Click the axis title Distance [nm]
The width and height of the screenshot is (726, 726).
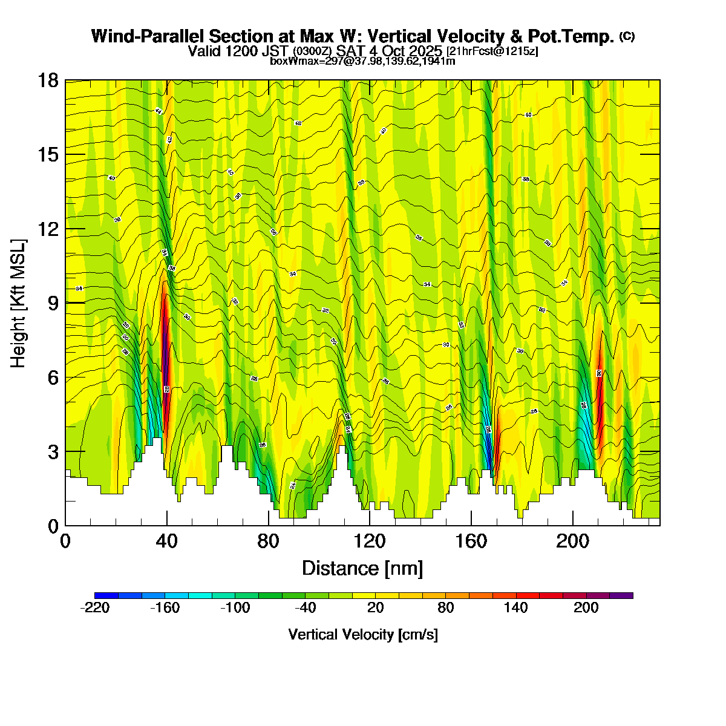pos(362,569)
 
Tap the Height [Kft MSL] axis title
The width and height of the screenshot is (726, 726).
pos(19,303)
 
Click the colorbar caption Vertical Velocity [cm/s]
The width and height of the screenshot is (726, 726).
pos(363,635)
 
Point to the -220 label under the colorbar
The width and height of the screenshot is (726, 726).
pos(95,608)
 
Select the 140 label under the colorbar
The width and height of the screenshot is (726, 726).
pos(516,608)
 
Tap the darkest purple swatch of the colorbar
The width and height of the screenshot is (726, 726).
pos(621,595)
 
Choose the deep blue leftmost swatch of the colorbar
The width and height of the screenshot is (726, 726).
pos(106,595)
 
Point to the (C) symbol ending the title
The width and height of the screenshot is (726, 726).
pos(627,36)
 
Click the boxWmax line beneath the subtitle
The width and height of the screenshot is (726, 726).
pos(362,61)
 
